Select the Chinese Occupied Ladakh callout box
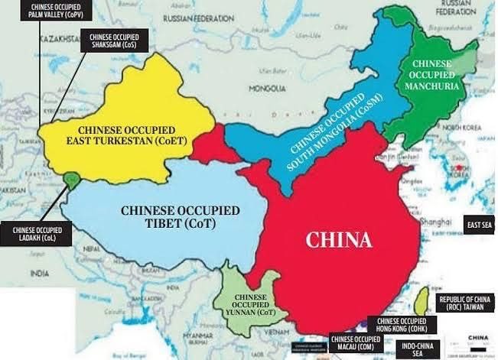[36, 234]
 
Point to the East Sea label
[480, 225]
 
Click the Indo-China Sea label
[412, 348]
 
